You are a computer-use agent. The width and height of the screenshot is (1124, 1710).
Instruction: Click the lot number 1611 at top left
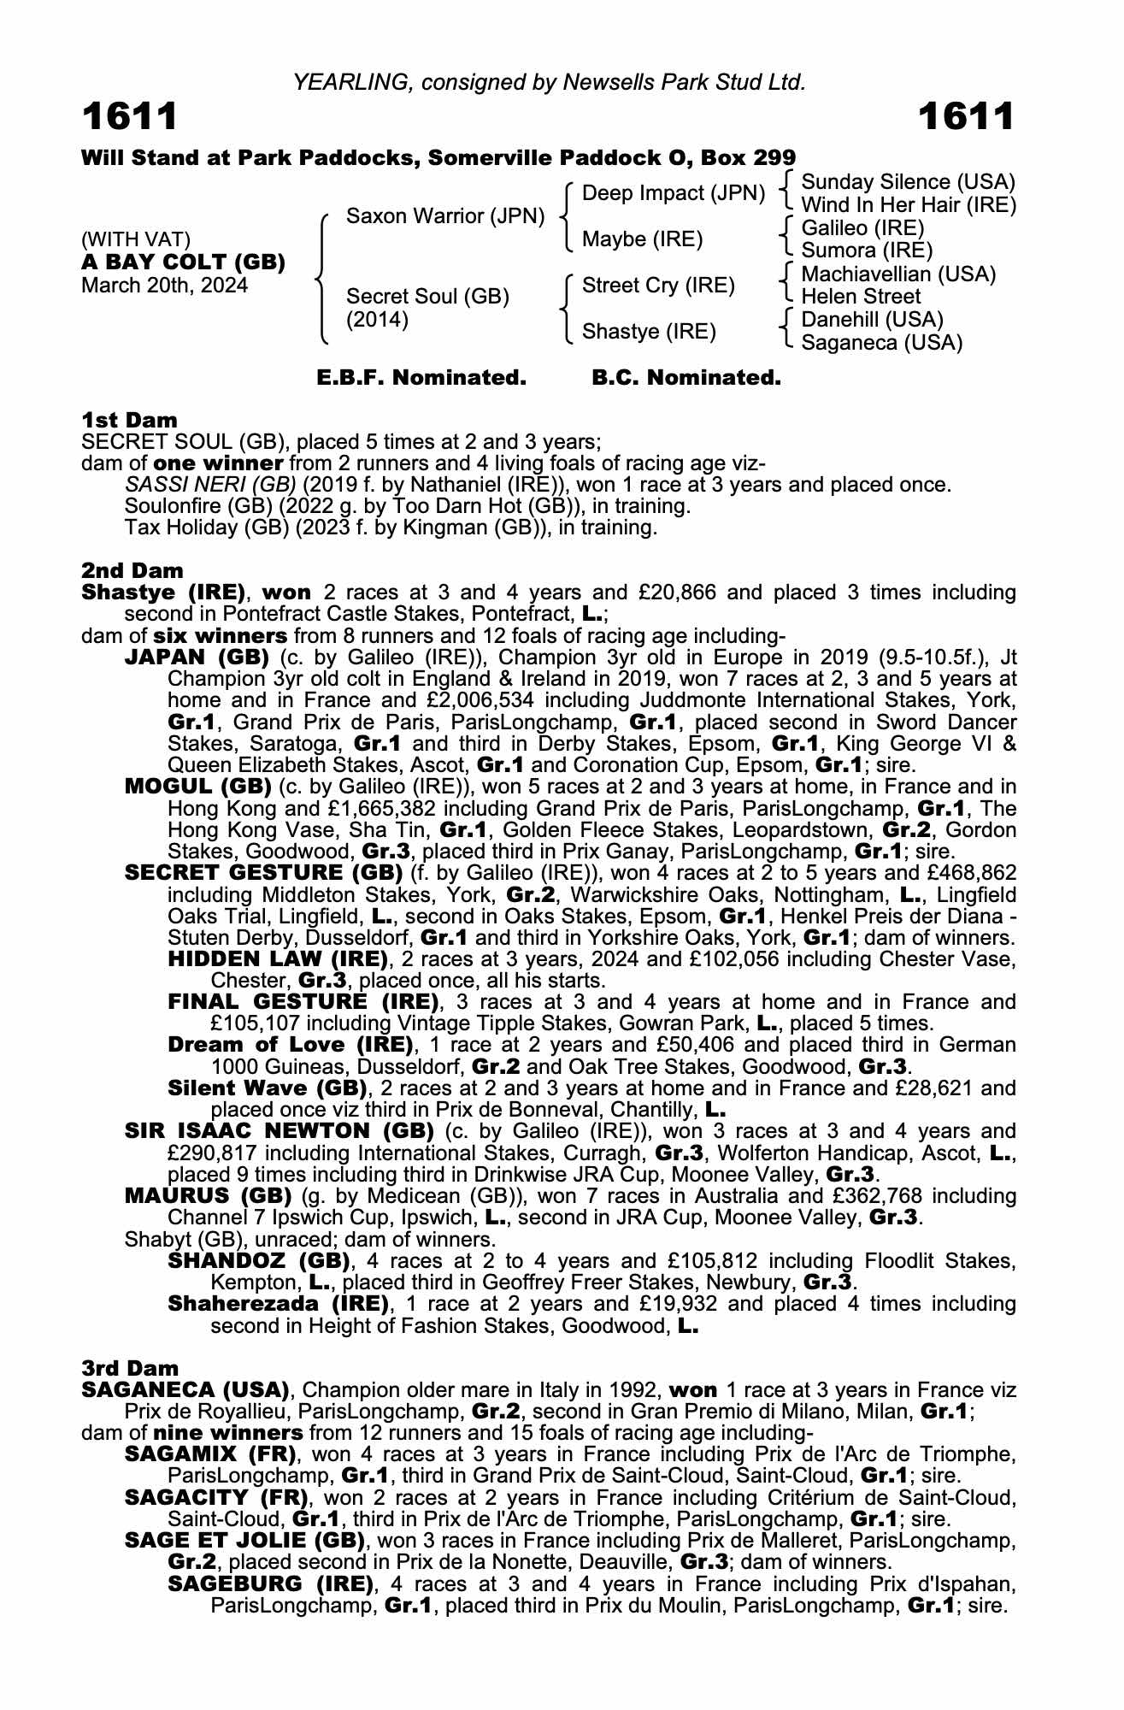tap(130, 117)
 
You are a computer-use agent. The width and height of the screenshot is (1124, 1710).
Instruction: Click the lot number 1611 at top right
tap(967, 117)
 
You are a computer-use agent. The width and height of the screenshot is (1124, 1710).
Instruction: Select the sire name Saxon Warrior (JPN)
tap(444, 216)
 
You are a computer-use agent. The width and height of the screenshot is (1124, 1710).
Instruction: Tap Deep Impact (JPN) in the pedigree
tap(673, 193)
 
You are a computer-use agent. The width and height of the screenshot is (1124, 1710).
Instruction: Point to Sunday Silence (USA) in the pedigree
tap(908, 182)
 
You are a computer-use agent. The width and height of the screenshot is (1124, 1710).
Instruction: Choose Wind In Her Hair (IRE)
tap(908, 205)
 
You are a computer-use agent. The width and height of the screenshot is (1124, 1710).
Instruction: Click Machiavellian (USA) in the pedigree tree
tap(898, 274)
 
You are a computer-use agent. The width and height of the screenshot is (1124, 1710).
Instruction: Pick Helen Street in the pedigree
tap(861, 297)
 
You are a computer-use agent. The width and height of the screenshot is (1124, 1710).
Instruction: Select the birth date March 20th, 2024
tap(164, 285)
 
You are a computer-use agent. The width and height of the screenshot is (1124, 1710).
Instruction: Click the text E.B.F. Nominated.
tap(421, 378)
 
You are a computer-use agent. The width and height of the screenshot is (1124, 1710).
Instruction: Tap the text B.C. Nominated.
tap(686, 378)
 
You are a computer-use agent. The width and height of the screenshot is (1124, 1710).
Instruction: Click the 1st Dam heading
tap(129, 420)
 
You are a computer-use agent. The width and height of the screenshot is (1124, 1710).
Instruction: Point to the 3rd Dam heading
tap(130, 1369)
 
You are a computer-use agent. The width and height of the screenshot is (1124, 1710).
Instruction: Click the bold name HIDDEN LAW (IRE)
tap(279, 958)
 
